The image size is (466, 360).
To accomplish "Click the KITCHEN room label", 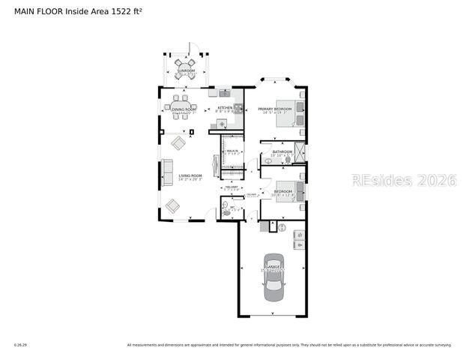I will pyautogui.click(x=225, y=108).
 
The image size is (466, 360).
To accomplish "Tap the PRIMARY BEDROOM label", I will pyautogui.click(x=274, y=109).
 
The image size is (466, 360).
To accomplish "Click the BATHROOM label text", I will pyautogui.click(x=282, y=152).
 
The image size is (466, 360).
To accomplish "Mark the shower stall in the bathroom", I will pyautogui.click(x=300, y=151).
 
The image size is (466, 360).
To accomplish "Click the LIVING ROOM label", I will pyautogui.click(x=191, y=175).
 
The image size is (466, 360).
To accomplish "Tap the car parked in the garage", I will pyautogui.click(x=273, y=284).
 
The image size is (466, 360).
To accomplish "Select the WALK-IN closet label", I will pyautogui.click(x=232, y=151).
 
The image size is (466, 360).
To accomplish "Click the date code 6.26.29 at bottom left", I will pyautogui.click(x=20, y=345).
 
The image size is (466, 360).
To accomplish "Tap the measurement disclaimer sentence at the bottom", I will pyautogui.click(x=289, y=345).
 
